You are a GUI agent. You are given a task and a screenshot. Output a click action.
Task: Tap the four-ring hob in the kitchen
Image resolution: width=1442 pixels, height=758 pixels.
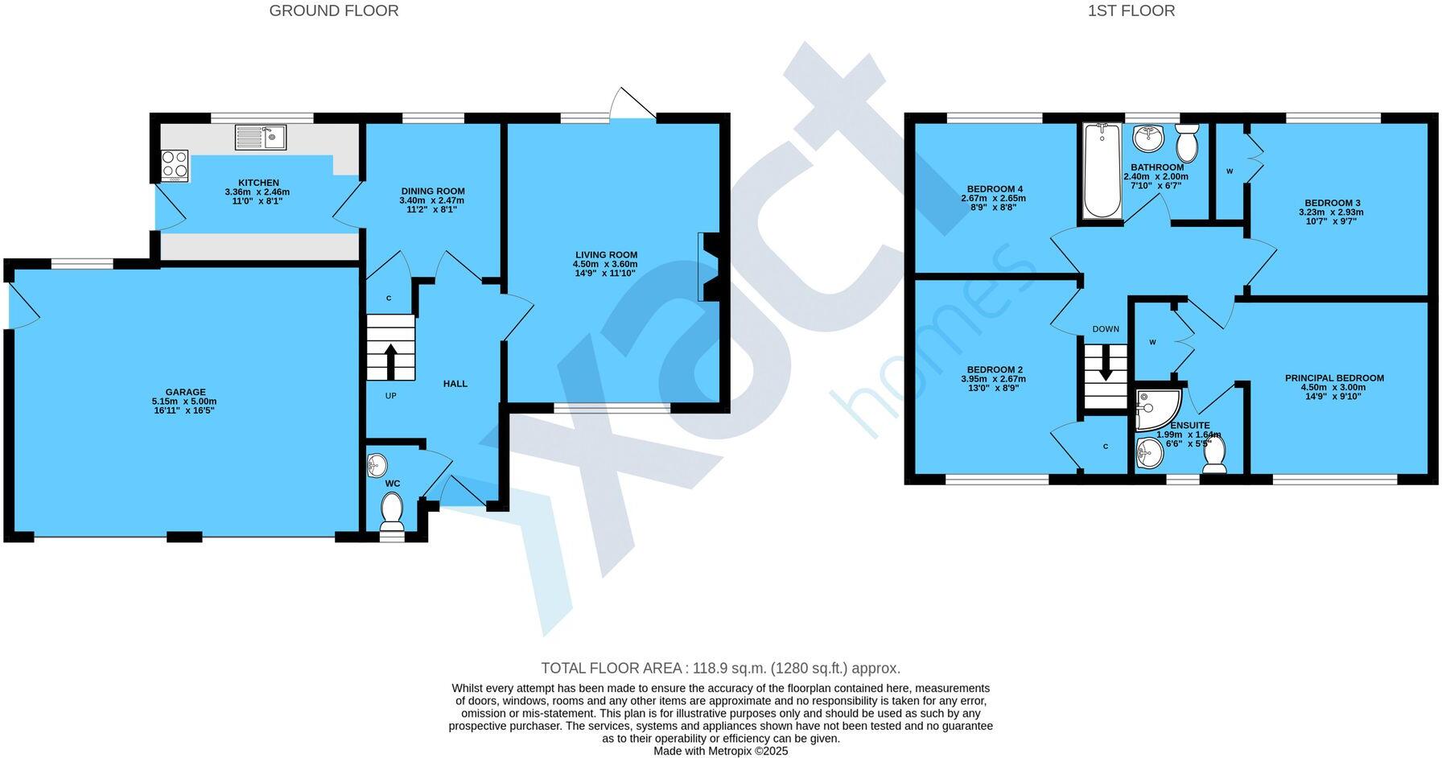coord(174,165)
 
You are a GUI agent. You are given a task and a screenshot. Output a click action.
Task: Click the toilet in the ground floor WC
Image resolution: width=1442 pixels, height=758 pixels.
coord(392,512)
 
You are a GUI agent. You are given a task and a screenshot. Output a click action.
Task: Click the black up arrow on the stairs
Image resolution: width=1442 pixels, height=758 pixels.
coord(391,361)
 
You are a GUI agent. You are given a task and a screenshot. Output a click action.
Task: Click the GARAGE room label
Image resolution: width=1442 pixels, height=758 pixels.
coord(186,393)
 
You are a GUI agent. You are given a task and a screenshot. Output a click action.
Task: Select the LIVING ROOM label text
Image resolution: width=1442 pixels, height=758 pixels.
coord(605,255)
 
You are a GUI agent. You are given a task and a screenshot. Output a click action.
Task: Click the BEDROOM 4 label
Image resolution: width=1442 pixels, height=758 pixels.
coord(992,189)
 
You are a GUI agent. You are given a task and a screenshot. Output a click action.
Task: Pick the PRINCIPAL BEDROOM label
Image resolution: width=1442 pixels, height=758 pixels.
coord(1333,378)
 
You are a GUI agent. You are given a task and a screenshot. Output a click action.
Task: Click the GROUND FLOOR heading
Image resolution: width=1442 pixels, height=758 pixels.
coord(333,10)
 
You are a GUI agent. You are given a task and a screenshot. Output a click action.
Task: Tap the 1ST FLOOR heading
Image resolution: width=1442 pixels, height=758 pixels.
coord(1131,10)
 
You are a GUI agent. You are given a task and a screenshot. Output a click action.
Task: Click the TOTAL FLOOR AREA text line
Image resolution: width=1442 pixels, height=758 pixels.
coord(720,668)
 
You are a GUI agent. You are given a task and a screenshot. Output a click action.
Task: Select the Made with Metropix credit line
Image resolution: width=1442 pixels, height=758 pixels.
coord(720,751)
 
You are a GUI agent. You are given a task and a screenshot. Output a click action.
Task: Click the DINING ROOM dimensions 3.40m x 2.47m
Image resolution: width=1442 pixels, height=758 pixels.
coord(431,200)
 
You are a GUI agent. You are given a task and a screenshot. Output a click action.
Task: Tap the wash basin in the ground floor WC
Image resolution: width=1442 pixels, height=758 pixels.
coord(377,466)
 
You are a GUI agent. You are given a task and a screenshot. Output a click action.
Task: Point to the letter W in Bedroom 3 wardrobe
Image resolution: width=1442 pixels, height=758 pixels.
coord(1229,171)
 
